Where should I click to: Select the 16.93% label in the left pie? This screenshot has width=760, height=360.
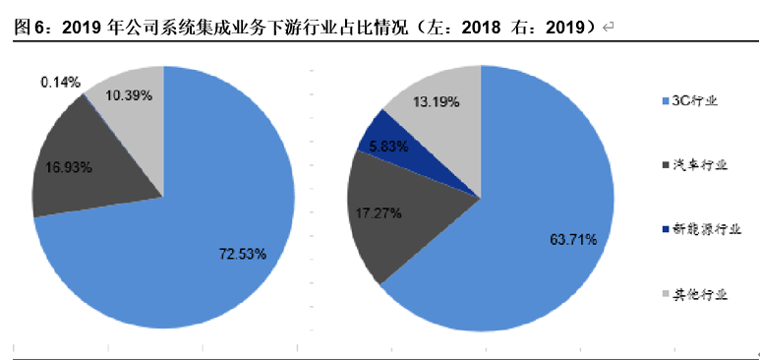tap(69, 168)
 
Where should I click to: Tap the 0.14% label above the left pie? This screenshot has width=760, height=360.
tap(60, 82)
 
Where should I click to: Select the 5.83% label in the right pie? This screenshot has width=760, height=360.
tap(389, 147)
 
